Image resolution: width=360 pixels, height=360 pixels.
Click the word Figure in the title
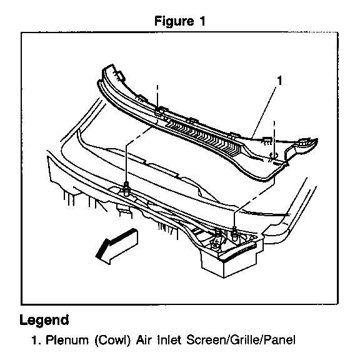[174, 21]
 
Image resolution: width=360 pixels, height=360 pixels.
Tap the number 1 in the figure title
[202, 21]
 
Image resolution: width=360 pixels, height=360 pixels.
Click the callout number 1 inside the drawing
[279, 81]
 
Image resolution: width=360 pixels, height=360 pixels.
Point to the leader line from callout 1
[264, 112]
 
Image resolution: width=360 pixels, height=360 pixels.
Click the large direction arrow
[117, 246]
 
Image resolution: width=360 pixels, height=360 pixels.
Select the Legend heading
[44, 320]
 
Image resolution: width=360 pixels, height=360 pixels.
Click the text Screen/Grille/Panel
[241, 340]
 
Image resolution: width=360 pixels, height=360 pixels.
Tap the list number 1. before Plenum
[37, 340]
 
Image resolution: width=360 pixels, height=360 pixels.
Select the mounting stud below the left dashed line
[126, 188]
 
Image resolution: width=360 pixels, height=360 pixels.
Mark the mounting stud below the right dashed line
[234, 232]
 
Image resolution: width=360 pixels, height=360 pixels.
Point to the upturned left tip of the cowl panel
[108, 69]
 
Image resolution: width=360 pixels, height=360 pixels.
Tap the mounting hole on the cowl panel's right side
[274, 155]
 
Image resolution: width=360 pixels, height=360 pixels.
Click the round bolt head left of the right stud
[217, 234]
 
